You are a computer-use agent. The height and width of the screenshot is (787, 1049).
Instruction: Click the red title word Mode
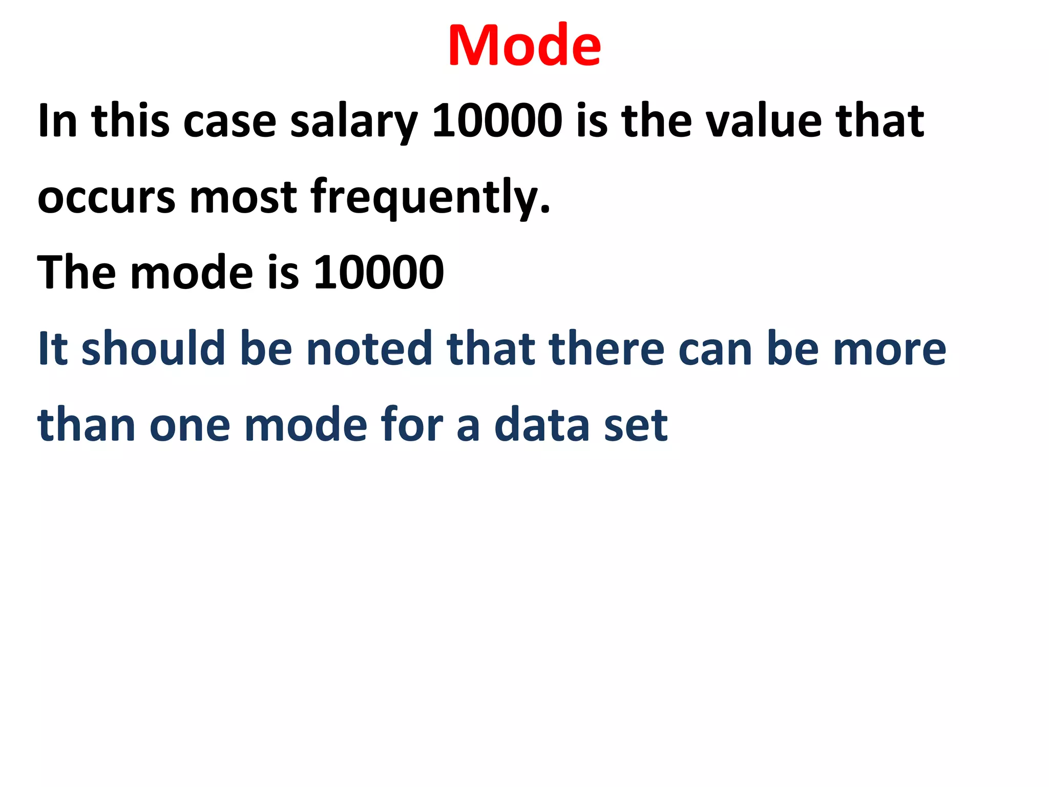(x=524, y=46)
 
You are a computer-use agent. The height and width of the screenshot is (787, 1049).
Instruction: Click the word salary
(x=354, y=122)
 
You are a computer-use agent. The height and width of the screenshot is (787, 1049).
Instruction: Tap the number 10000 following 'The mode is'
(x=379, y=272)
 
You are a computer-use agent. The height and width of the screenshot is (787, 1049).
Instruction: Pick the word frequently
(x=430, y=198)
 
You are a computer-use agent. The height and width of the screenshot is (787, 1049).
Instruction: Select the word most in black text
(x=243, y=198)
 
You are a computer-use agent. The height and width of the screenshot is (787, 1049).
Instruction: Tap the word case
(x=230, y=122)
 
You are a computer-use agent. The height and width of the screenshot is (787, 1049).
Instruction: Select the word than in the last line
(x=87, y=424)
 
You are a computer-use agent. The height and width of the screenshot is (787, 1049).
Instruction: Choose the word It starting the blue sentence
(x=53, y=348)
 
